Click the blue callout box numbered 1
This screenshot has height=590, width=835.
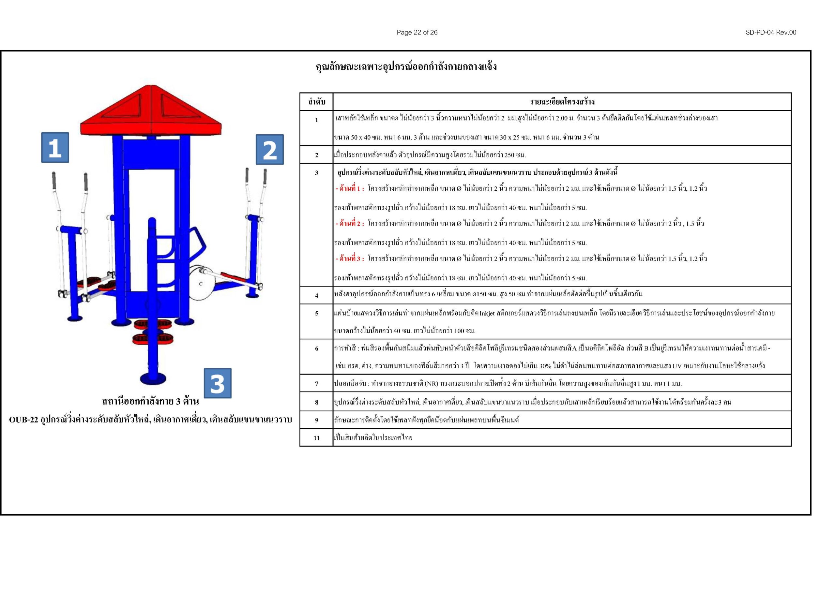pyautogui.click(x=55, y=147)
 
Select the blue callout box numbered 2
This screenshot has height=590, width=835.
pyautogui.click(x=269, y=149)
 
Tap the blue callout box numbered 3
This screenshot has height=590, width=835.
pyautogui.click(x=218, y=383)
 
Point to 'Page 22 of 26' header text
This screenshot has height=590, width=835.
pyautogui.click(x=417, y=32)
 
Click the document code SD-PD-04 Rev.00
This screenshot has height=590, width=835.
pyautogui.click(x=771, y=32)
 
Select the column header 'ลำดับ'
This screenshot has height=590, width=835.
pyautogui.click(x=316, y=102)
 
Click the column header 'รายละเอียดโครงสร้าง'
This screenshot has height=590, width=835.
pyautogui.click(x=562, y=102)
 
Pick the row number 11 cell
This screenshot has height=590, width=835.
pyautogui.click(x=316, y=438)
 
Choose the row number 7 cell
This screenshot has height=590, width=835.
pyautogui.click(x=316, y=384)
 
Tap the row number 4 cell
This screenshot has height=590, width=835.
pyautogui.click(x=316, y=296)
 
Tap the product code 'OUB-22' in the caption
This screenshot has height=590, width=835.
pyautogui.click(x=23, y=420)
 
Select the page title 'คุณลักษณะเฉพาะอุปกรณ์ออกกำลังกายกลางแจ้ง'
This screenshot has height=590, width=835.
pyautogui.click(x=406, y=67)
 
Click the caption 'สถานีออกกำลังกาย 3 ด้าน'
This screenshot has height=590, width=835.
pyautogui.click(x=150, y=401)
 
